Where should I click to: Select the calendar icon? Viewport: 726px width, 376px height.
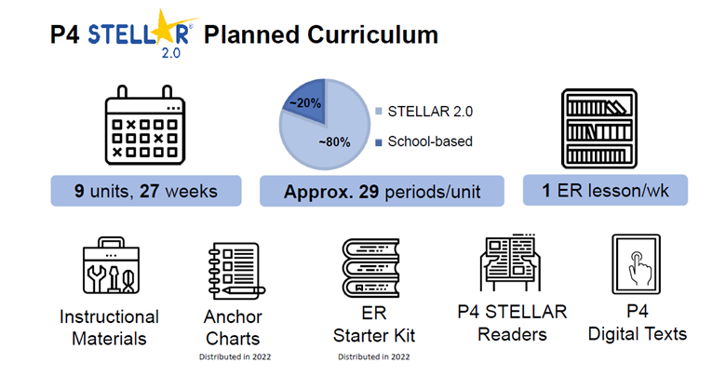coord(145,125)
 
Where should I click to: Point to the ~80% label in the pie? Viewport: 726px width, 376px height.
coord(334,142)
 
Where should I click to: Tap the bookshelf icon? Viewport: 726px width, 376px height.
coord(599,128)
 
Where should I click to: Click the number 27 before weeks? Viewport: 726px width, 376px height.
coord(150,191)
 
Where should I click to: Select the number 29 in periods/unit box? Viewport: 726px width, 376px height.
coord(369,192)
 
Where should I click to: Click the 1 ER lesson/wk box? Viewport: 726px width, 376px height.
coord(605,190)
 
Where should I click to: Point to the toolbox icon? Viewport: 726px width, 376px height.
coord(111,265)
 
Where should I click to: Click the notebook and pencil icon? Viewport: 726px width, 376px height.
coord(236,271)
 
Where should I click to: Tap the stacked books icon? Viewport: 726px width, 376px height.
coord(370,268)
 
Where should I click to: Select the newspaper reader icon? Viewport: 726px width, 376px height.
coord(511,262)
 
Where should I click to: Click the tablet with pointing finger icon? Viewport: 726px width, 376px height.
coord(636,264)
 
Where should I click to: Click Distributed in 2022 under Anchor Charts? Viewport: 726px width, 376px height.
coord(235,357)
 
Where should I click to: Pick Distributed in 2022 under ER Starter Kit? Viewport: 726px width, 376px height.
coord(373,357)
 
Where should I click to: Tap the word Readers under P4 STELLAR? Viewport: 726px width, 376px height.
coord(512,334)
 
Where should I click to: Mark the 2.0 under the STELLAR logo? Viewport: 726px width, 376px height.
coord(171,53)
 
